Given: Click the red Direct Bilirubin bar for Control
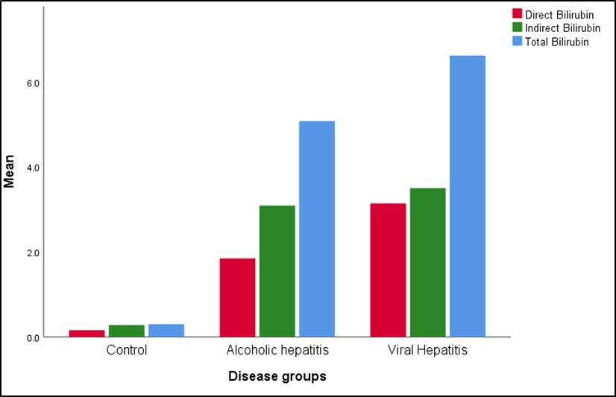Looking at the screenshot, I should click(87, 333).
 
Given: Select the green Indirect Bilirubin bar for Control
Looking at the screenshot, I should click(127, 331).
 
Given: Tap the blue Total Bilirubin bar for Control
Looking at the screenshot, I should click(166, 330).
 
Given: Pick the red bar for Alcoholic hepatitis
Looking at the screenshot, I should click(237, 297).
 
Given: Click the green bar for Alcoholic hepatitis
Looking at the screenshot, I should click(277, 271).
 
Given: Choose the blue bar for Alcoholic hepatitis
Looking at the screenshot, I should click(317, 229).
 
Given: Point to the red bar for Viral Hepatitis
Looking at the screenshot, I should click(388, 270).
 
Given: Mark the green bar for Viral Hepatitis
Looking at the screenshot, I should click(428, 262).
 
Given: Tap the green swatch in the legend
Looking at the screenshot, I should click(516, 28).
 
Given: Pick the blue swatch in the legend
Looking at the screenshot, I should click(516, 42).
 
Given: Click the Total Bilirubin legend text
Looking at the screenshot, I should click(557, 42).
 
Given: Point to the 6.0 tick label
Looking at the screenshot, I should click(32, 83).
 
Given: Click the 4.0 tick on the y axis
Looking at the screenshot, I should click(32, 168).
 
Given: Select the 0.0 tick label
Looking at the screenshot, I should click(32, 337).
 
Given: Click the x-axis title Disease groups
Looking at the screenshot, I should click(277, 377).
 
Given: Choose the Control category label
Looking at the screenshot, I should click(127, 351).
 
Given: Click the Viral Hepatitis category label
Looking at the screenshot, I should click(428, 351).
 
